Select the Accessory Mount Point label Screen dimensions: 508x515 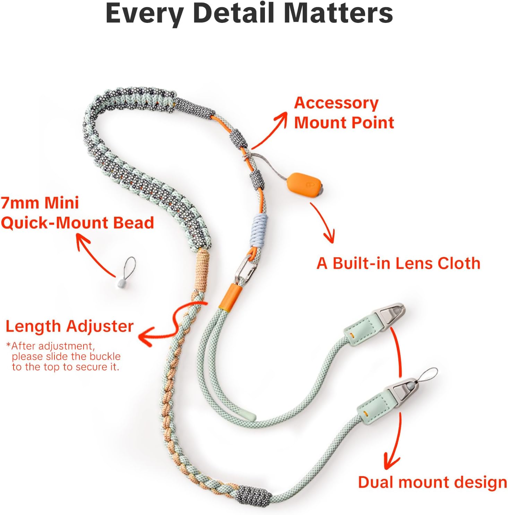(344, 113)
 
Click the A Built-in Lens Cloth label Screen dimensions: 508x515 (398, 263)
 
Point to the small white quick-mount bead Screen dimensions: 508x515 (120, 283)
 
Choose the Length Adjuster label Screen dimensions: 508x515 (69, 326)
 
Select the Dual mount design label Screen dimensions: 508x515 (432, 482)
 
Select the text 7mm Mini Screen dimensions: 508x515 (40, 203)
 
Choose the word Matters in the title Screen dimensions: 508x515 (338, 13)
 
